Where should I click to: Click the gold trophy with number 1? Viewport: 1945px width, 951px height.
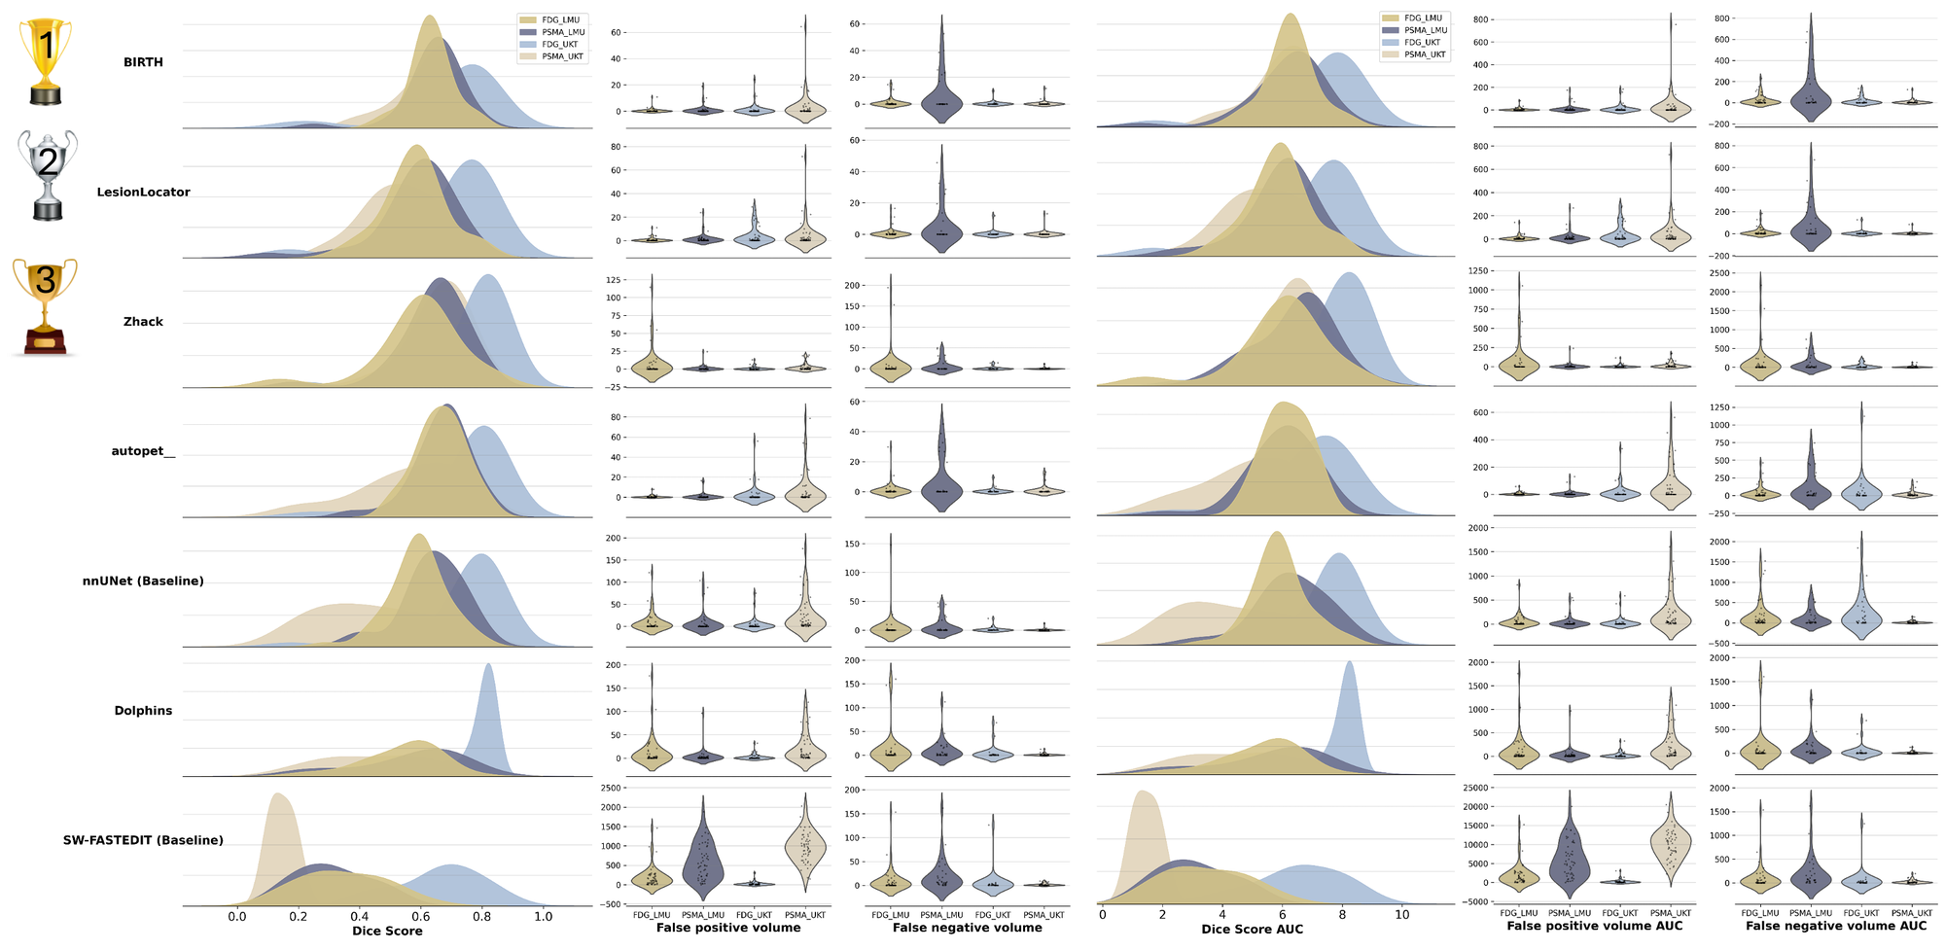[46, 60]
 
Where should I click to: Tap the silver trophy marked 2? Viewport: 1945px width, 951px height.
[48, 175]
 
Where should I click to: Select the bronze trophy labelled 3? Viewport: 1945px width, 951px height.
[45, 306]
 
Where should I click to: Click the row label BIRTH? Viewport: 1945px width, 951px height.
[143, 62]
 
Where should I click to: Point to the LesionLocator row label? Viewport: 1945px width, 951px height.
[143, 193]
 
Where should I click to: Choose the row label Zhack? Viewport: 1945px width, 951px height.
[143, 322]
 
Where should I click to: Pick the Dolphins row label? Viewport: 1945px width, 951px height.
[143, 711]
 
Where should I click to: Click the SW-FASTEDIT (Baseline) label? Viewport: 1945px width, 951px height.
[143, 840]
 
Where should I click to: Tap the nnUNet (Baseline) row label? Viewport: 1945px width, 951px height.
[143, 581]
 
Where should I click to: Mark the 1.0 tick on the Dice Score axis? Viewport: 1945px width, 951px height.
[543, 916]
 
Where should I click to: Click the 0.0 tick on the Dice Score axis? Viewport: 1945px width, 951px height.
[237, 916]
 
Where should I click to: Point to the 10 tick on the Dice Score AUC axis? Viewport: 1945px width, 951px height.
[1402, 914]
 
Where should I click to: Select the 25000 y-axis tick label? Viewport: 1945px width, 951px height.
[1474, 788]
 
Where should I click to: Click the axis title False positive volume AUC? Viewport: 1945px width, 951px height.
[1594, 926]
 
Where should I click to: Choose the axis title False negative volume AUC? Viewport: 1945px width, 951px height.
[1835, 926]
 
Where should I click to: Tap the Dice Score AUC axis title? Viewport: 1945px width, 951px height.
[1252, 929]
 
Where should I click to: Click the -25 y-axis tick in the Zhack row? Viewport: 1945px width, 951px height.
[614, 387]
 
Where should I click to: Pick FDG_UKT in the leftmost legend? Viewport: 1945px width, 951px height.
[559, 45]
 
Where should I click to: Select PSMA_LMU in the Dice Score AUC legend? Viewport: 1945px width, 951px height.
[1425, 30]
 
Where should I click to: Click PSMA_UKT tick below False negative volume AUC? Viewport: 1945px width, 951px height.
[1911, 913]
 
